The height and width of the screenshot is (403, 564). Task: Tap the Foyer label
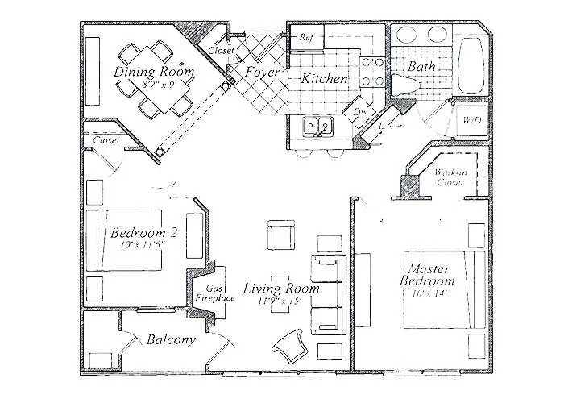(x=263, y=73)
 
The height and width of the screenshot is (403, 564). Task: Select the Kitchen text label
(x=325, y=79)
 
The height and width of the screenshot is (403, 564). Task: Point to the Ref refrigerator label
(x=306, y=37)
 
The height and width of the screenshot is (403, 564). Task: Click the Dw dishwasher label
(x=359, y=112)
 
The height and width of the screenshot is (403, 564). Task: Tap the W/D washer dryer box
(x=471, y=120)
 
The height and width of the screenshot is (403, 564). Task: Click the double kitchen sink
(x=317, y=127)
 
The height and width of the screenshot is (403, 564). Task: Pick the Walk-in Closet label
(x=450, y=177)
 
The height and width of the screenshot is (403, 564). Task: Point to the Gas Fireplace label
(x=215, y=293)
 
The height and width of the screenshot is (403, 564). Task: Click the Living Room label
(x=282, y=288)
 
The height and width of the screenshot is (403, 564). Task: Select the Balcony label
(x=171, y=340)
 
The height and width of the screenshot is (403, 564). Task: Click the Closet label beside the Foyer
(x=221, y=50)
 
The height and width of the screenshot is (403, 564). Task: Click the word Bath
(x=421, y=67)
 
